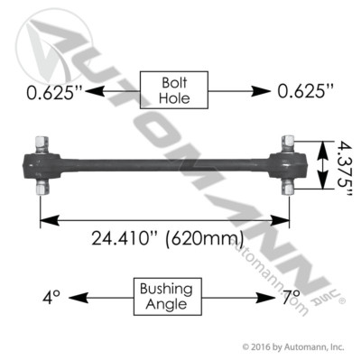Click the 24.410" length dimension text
[132, 239]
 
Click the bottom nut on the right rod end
[289, 187]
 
